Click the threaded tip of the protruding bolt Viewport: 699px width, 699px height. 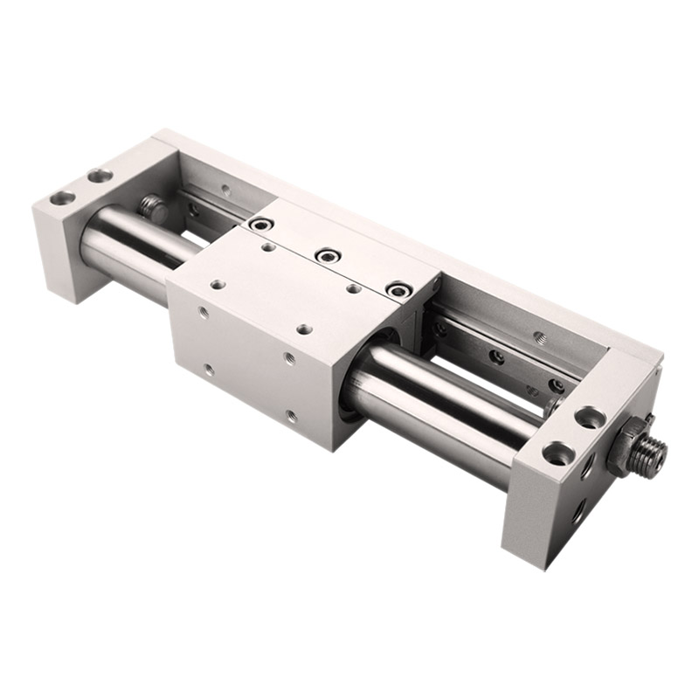(x=653, y=452)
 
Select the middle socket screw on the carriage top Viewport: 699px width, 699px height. (x=329, y=255)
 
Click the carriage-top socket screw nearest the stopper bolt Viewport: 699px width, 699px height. (x=259, y=225)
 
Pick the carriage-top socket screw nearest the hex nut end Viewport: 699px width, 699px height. (x=398, y=287)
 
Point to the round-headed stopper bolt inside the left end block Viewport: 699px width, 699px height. (x=152, y=207)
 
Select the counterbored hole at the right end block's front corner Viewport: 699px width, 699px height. (x=553, y=453)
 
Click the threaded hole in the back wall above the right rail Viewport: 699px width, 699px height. (x=539, y=335)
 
